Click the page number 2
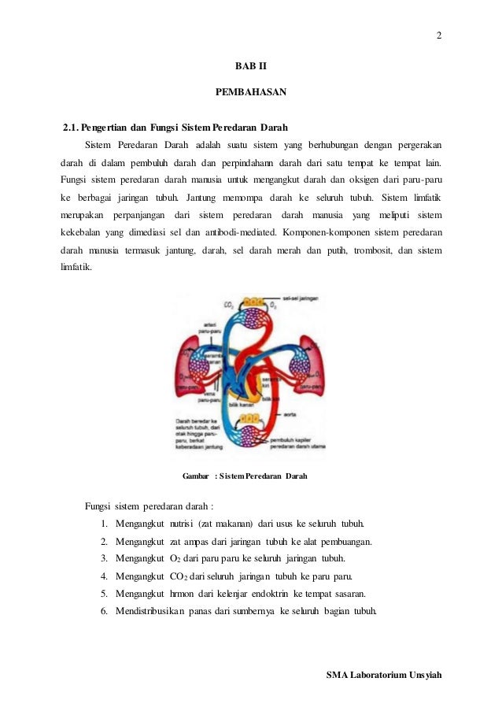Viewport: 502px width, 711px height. [x=439, y=35]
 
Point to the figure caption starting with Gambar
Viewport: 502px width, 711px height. [x=245, y=476]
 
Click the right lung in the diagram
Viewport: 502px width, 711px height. [x=305, y=361]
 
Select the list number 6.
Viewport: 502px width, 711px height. [x=105, y=611]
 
